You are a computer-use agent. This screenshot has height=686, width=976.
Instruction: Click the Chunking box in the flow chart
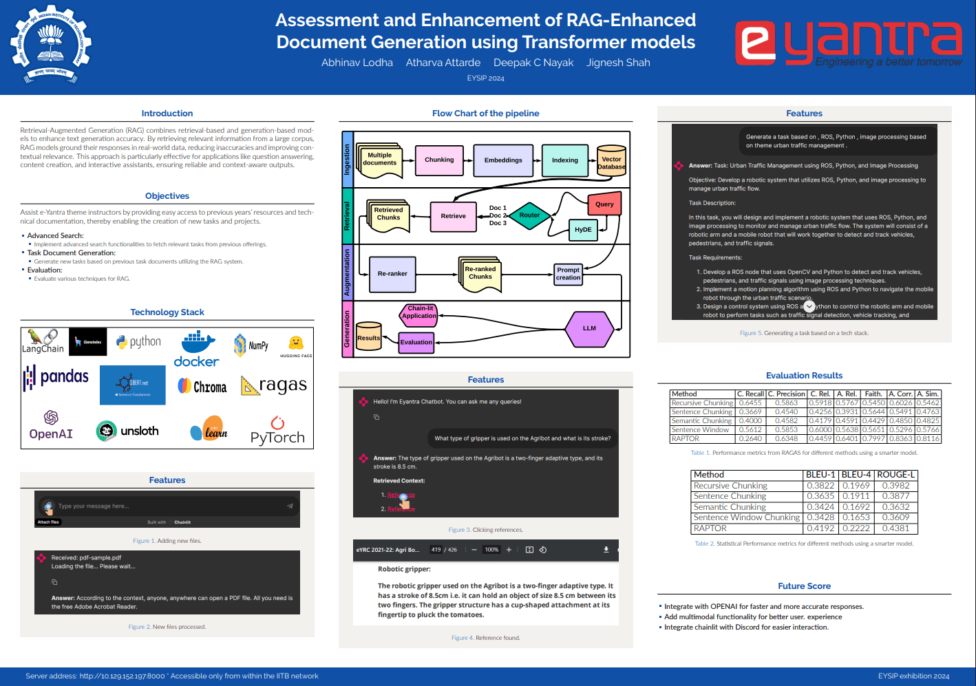tap(439, 160)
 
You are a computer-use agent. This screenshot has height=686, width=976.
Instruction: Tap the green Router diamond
tap(529, 215)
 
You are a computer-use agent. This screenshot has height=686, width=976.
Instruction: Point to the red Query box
tap(604, 204)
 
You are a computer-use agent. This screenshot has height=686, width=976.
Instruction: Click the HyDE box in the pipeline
tap(583, 230)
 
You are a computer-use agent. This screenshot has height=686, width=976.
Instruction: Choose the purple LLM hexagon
tap(589, 328)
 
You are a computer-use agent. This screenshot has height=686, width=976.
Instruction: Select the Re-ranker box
tap(392, 274)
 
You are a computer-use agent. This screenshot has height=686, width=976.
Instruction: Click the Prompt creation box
tap(569, 274)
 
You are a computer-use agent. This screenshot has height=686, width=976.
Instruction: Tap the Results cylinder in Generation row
tap(368, 336)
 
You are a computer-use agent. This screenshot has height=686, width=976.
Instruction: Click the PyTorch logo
tap(277, 431)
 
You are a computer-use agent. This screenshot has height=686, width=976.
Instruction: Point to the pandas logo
tap(56, 377)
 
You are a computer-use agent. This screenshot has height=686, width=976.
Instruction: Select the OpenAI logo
tap(51, 425)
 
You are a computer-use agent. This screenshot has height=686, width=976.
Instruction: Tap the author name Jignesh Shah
tap(618, 63)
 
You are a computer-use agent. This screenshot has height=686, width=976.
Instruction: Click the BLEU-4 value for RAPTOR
tap(856, 528)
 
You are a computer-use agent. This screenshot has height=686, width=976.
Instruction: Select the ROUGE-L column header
tap(895, 475)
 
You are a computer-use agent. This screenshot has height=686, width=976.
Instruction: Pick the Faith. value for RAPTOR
tap(873, 438)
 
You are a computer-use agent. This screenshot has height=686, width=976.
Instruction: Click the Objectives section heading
tap(167, 196)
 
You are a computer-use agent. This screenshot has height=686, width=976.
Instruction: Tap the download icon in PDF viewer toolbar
tap(606, 550)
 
